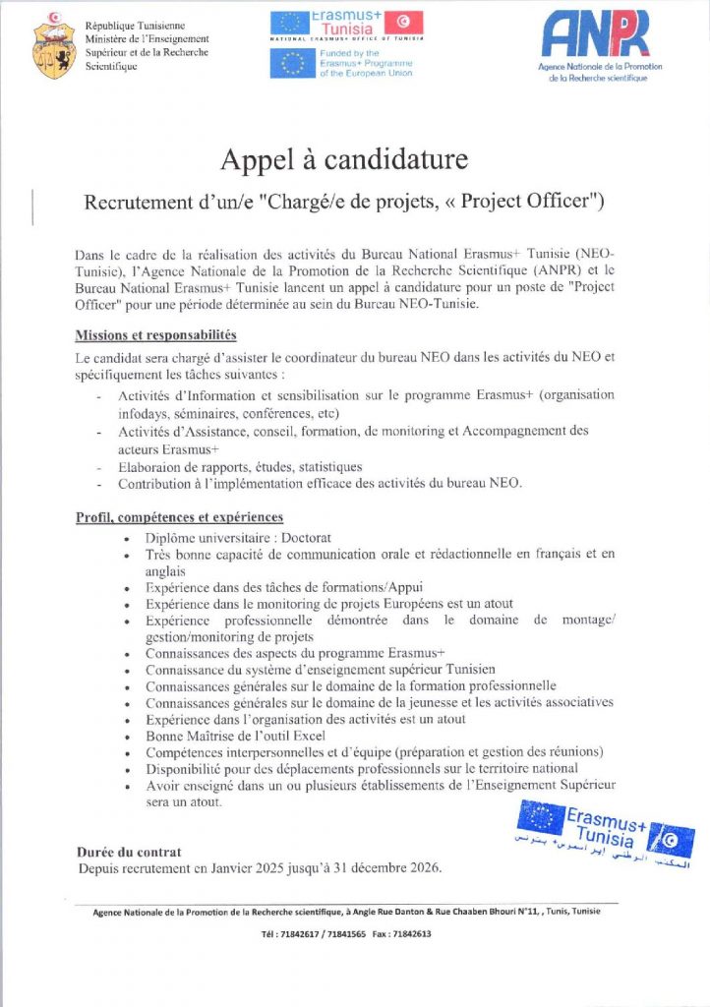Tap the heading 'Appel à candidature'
click(x=344, y=158)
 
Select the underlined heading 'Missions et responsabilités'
click(x=155, y=335)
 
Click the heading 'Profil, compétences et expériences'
click(x=179, y=516)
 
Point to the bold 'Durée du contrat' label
click(x=129, y=851)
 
